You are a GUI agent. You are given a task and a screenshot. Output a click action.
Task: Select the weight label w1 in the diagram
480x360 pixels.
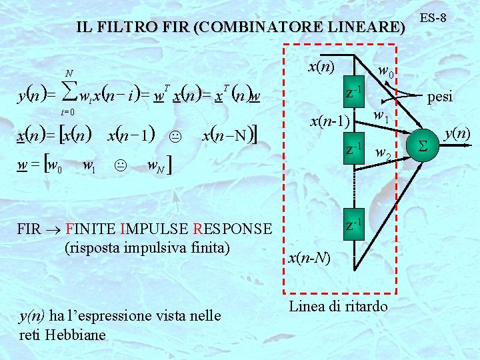point(381,117)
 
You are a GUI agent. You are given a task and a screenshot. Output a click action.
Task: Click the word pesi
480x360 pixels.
point(440,97)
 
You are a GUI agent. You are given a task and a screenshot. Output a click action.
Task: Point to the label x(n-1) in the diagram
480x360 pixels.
point(330,121)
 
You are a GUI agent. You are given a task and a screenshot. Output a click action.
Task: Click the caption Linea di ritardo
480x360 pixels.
point(338,306)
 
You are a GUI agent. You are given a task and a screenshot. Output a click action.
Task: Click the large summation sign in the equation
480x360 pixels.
point(69,97)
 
